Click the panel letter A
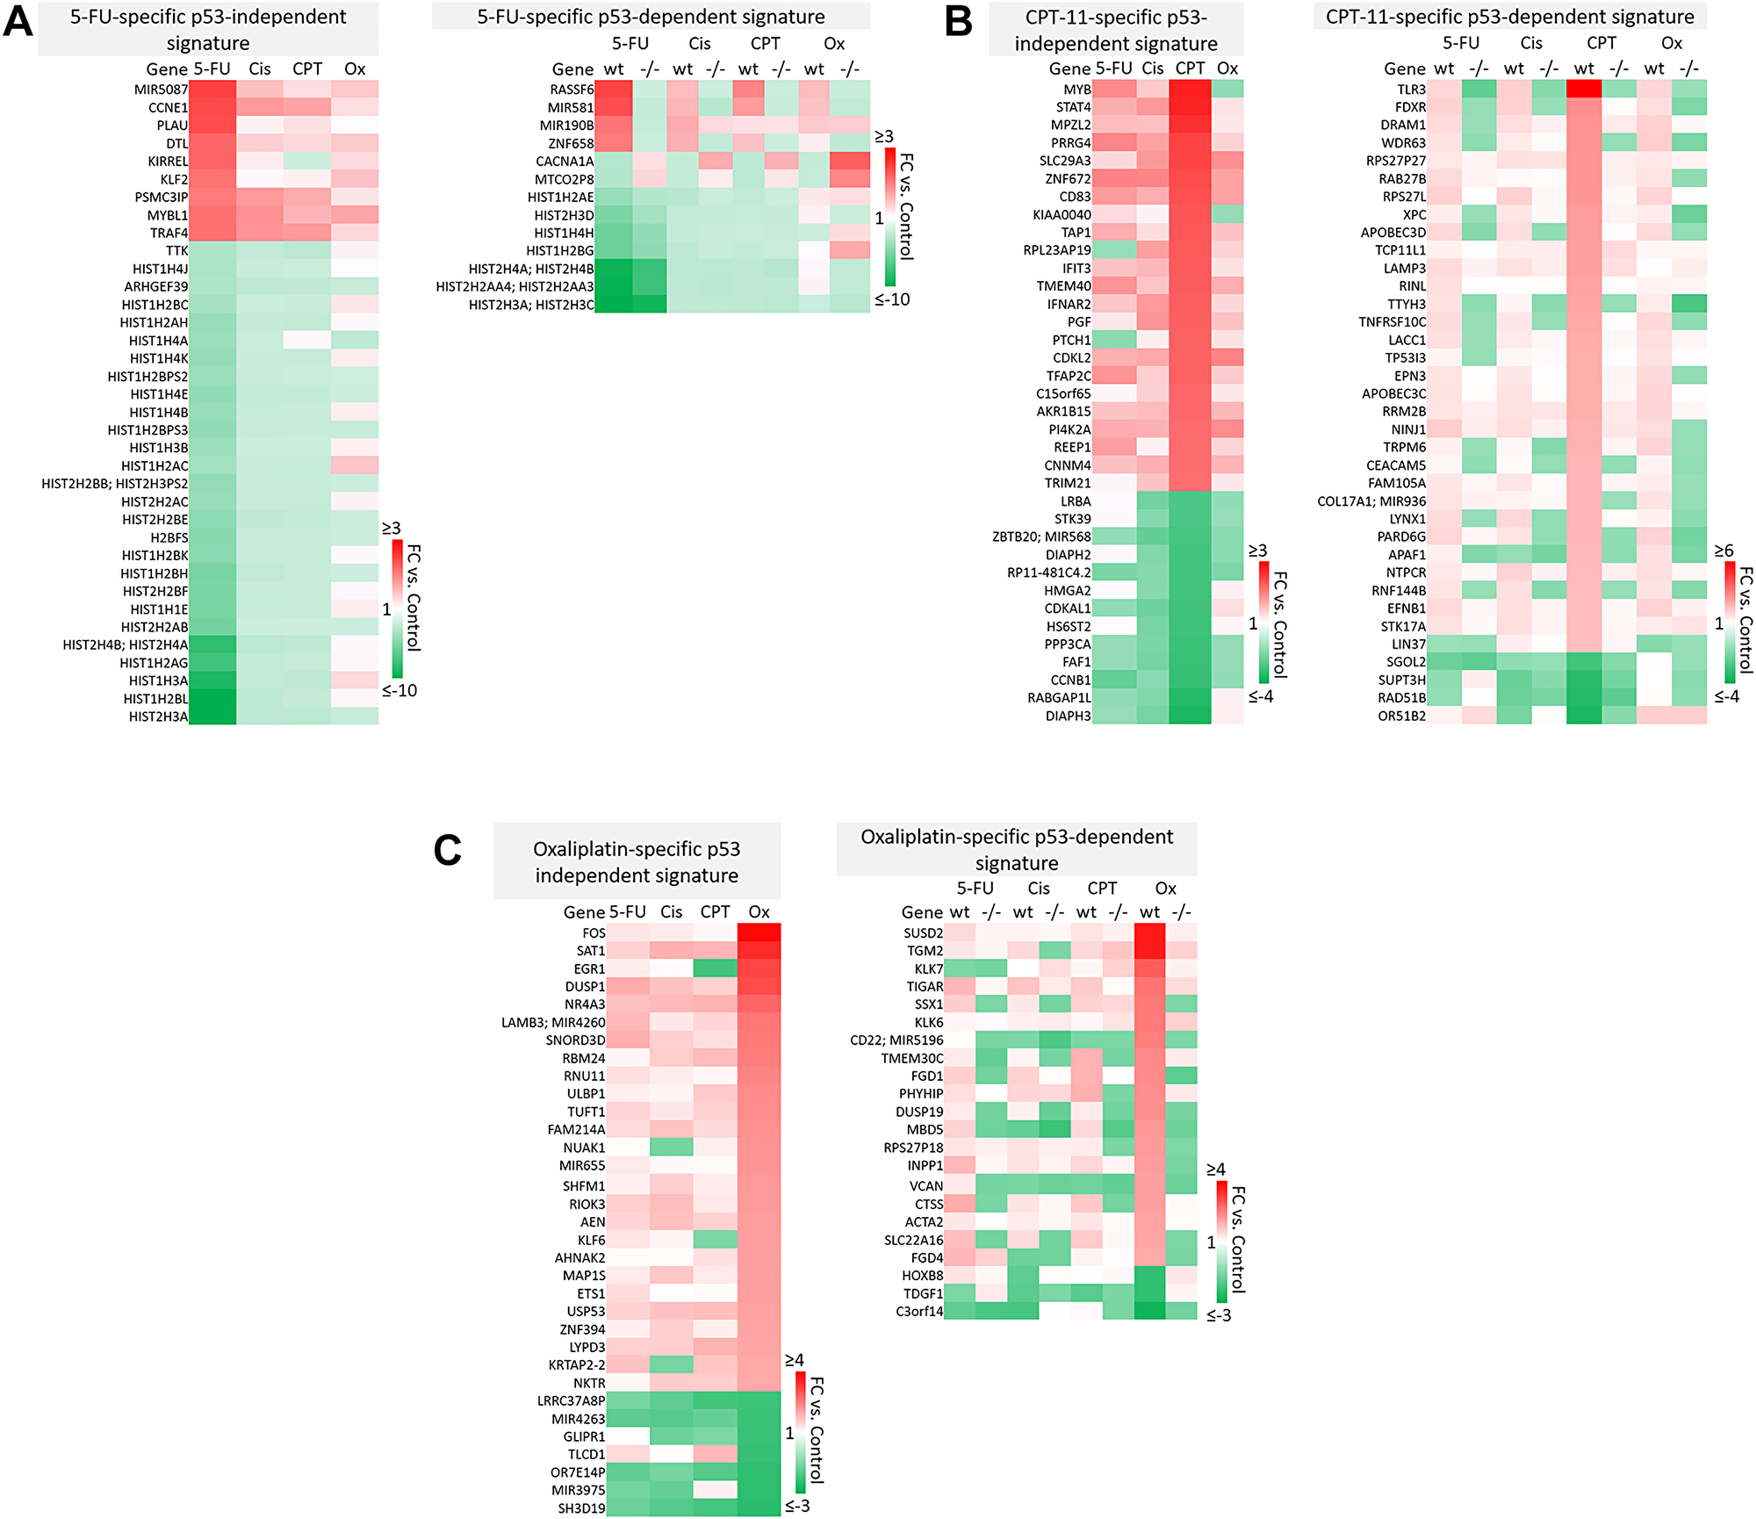[18, 21]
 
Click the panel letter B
[958, 21]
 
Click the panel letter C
[447, 850]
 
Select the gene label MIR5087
[161, 90]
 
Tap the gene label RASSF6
[572, 90]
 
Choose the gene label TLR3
[1411, 90]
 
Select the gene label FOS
[594, 933]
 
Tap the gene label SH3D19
[581, 1508]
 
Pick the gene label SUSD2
[923, 933]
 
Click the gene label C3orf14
[918, 1312]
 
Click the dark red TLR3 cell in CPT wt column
[1584, 89]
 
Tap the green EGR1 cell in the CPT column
[715, 968]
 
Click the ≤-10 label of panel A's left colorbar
[399, 691]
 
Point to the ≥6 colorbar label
[1724, 551]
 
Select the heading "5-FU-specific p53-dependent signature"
[651, 17]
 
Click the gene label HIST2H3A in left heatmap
[158, 716]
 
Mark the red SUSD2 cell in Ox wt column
[1149, 932]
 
